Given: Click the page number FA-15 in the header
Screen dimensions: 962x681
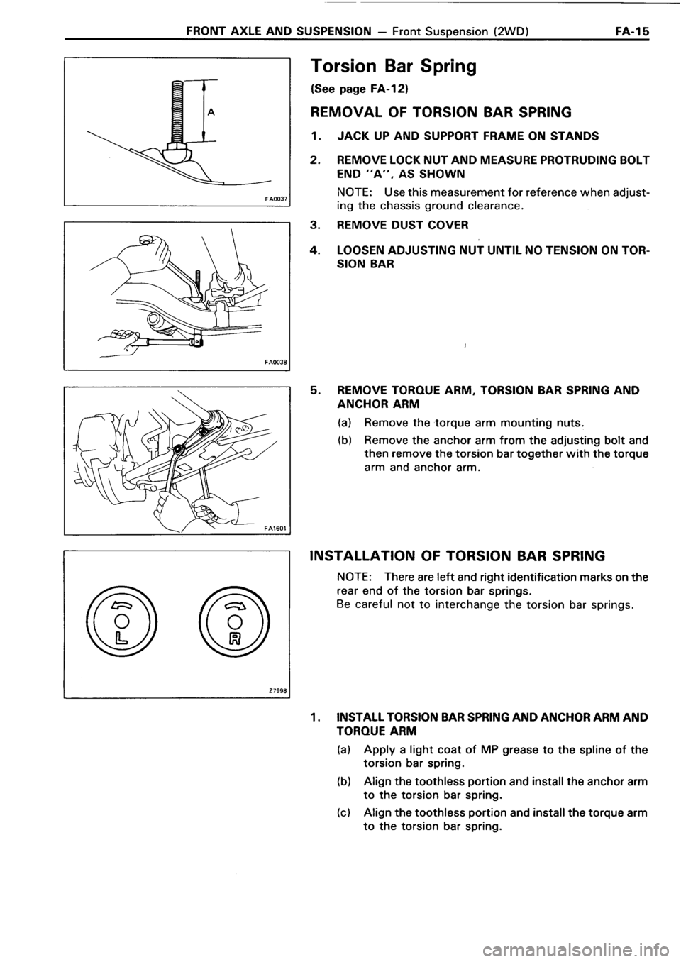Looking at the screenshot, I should click(636, 32).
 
